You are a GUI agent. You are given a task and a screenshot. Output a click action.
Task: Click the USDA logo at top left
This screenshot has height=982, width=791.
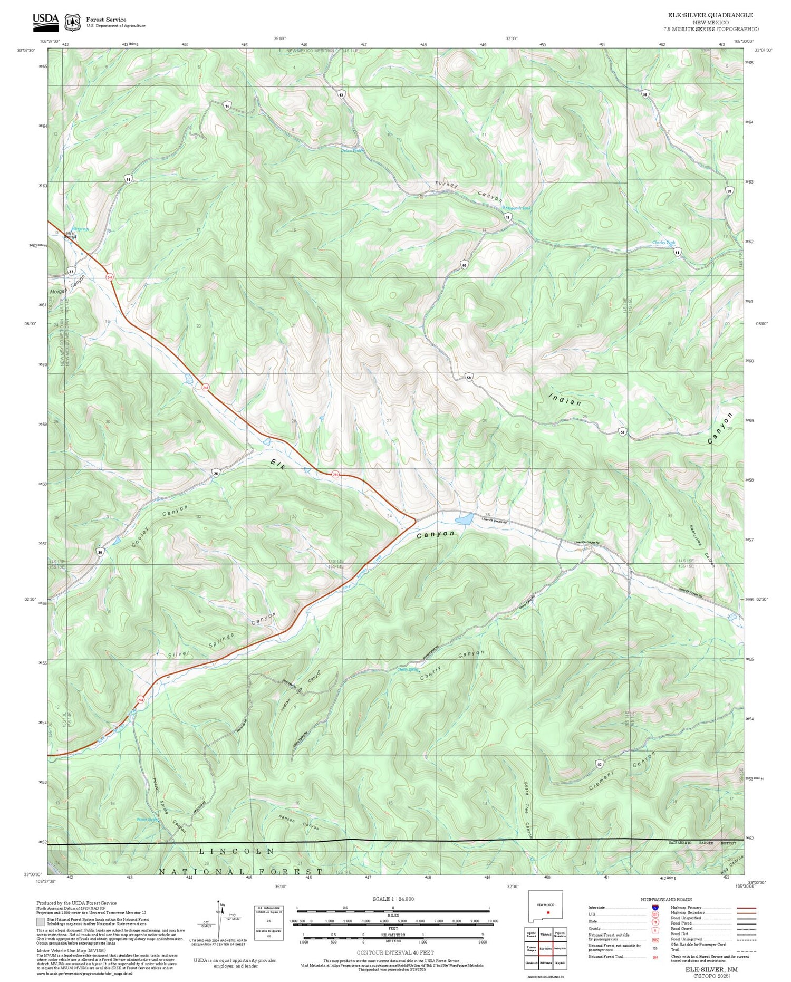point(45,20)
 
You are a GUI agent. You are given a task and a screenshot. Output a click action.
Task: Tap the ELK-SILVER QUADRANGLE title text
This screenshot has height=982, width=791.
point(711,15)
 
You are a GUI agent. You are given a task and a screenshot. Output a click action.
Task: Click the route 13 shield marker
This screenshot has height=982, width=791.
point(342,95)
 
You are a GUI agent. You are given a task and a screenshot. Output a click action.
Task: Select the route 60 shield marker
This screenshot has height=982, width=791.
point(464,265)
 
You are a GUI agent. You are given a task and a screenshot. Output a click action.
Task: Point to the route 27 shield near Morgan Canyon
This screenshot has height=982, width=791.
point(71,271)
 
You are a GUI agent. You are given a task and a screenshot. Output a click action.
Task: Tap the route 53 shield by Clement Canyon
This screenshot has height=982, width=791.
point(600,764)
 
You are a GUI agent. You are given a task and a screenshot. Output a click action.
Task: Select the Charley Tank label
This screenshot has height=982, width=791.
point(663,243)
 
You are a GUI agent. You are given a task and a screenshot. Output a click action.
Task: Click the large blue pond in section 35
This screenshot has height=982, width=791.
point(465,519)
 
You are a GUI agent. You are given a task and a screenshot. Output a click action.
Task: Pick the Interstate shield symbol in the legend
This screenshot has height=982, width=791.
point(655,907)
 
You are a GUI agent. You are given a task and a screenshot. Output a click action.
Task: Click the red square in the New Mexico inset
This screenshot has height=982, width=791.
point(548,912)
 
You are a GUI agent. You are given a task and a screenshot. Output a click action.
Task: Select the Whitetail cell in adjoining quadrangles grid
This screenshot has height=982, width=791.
point(546,935)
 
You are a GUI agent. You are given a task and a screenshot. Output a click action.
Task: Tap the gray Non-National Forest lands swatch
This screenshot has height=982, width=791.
point(40,921)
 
